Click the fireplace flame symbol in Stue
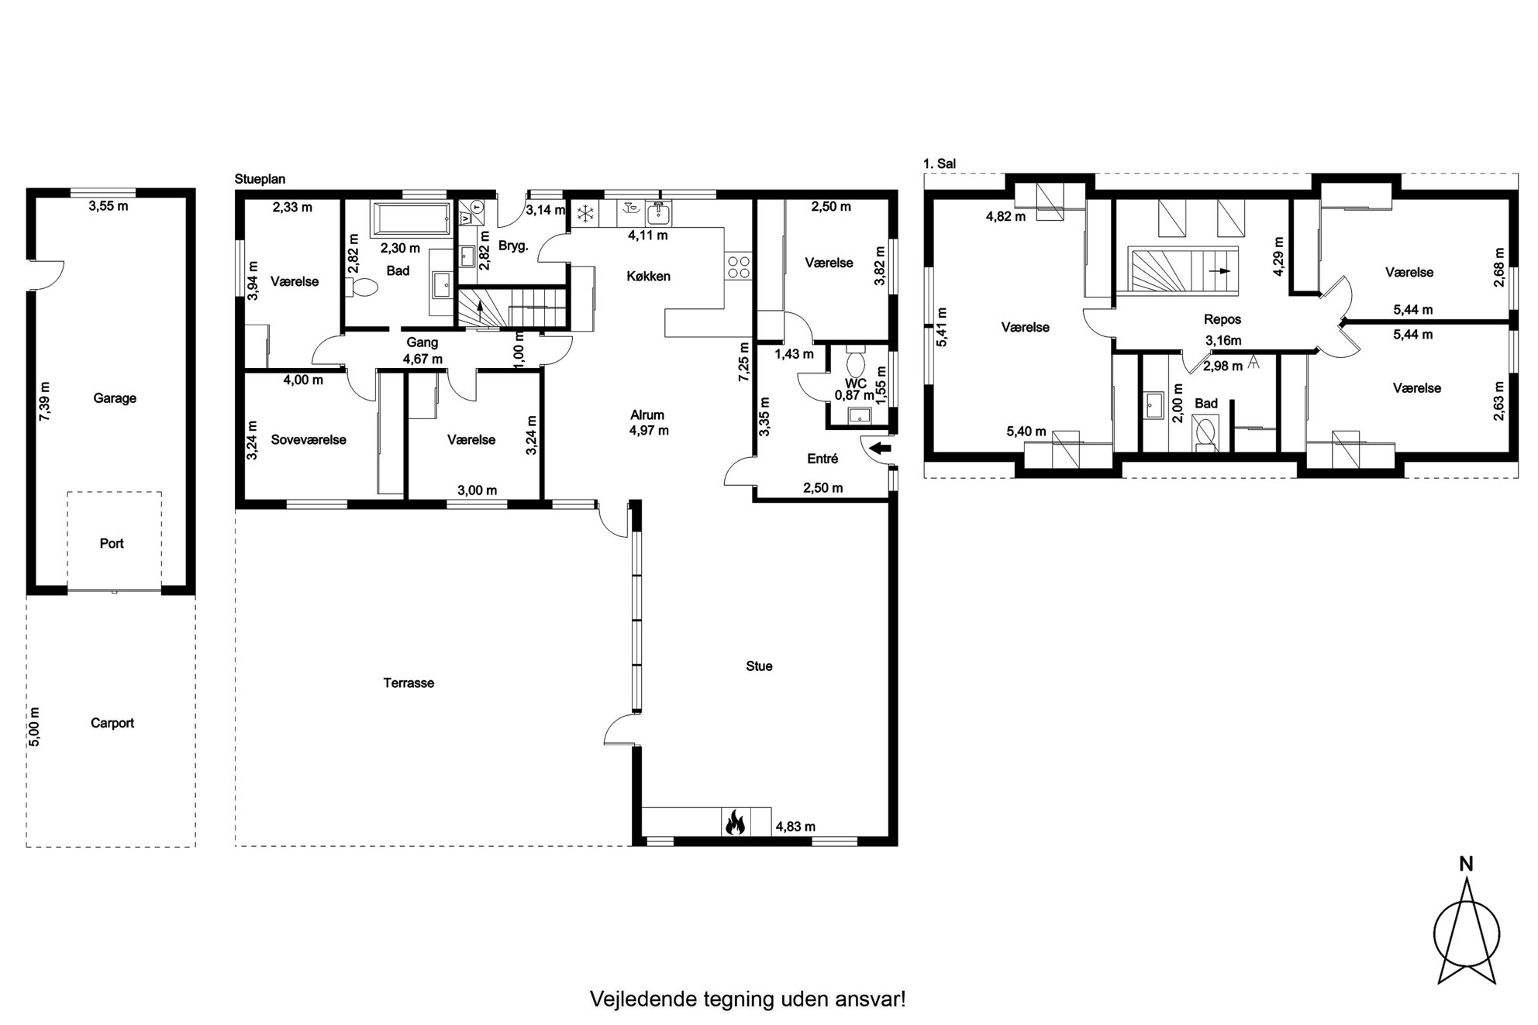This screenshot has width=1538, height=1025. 735,822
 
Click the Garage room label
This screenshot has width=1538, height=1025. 115,398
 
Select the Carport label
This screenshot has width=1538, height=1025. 112,723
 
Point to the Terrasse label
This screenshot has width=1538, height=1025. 409,683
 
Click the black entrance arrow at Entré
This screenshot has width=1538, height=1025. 881,448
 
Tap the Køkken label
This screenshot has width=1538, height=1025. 649,277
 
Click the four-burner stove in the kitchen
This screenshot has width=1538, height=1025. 739,267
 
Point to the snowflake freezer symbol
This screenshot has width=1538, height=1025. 583,212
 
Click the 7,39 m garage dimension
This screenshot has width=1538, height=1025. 45,401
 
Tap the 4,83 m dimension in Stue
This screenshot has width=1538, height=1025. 795,827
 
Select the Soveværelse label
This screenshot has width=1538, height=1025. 309,439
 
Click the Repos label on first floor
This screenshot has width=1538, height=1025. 1222,319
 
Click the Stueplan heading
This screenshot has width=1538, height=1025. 260,179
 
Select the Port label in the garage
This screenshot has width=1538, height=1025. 112,543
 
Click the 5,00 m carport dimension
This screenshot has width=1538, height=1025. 35,727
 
